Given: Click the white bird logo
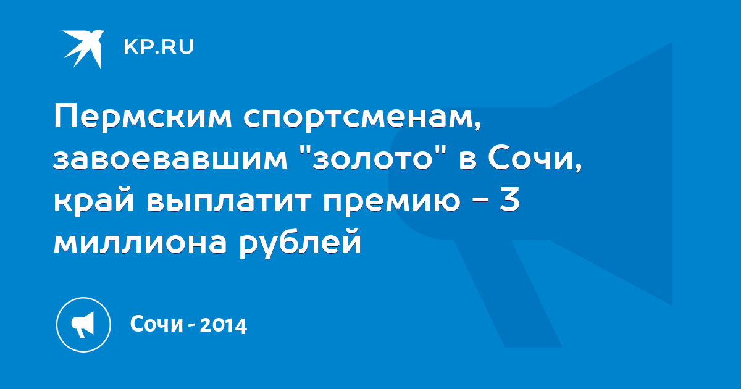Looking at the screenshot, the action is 83,49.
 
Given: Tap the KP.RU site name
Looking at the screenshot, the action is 159,47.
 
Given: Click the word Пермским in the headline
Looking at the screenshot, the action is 143,117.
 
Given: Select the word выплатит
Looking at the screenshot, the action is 229,202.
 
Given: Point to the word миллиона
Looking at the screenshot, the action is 140,242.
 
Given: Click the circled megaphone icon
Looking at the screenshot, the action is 83,325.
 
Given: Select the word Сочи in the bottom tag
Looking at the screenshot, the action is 156,324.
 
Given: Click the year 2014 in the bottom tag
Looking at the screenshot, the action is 224,325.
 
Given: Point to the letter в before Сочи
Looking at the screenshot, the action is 467,160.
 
